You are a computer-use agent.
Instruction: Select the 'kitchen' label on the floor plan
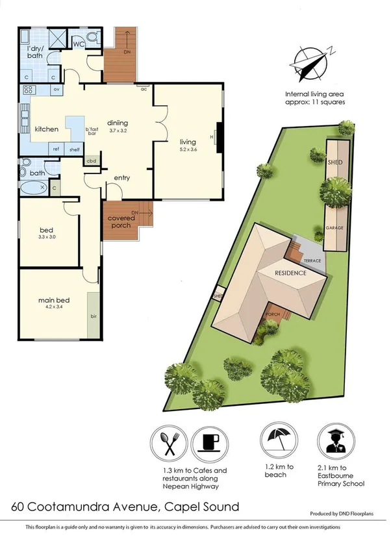click(47, 129)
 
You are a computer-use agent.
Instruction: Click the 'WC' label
click(78, 44)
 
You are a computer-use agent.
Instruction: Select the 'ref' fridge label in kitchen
click(57, 149)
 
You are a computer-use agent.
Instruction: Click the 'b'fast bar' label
click(92, 131)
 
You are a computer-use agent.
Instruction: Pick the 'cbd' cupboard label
click(92, 161)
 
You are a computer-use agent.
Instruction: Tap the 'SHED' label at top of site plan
click(334, 162)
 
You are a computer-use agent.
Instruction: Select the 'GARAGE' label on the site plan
click(335, 229)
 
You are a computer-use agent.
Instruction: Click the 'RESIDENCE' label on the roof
click(290, 273)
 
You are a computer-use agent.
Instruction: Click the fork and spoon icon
click(171, 444)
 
